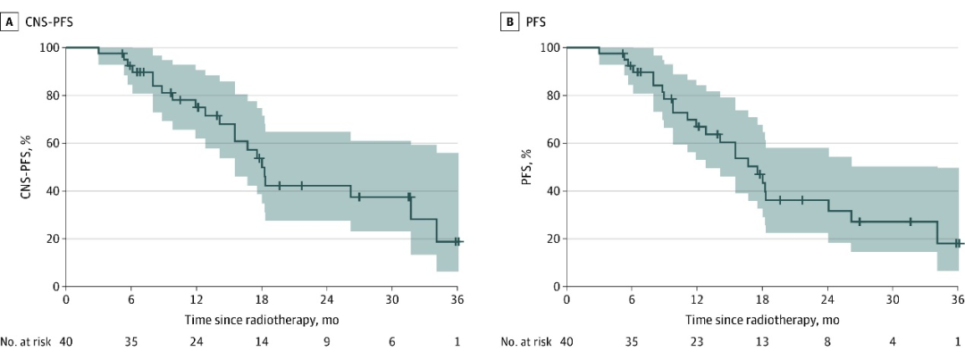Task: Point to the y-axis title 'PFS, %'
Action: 529,166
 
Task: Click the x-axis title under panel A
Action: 261,319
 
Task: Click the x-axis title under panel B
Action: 762,319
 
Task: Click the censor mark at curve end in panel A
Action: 457,241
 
